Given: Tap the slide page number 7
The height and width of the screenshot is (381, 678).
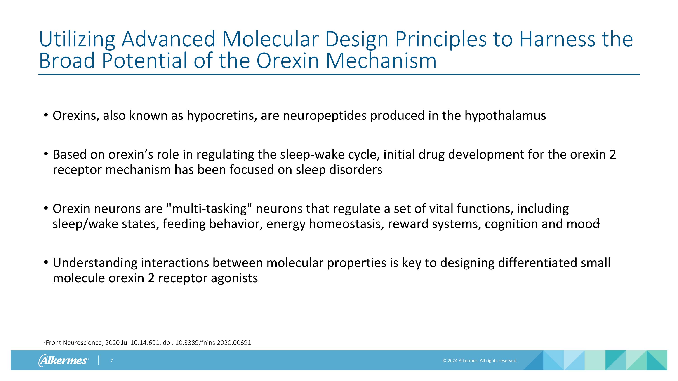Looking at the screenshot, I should pyautogui.click(x=112, y=360).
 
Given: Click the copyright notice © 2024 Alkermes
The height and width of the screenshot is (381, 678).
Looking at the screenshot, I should pyautogui.click(x=480, y=360).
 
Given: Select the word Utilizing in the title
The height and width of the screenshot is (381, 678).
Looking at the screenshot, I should pyautogui.click(x=77, y=39).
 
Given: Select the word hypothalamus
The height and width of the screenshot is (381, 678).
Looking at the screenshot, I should pyautogui.click(x=505, y=115).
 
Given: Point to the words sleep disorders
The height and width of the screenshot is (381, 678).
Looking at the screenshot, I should pyautogui.click(x=339, y=170).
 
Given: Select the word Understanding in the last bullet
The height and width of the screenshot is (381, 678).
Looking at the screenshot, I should pyautogui.click(x=95, y=263).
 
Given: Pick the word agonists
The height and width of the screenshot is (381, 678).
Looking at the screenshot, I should pyautogui.click(x=234, y=278).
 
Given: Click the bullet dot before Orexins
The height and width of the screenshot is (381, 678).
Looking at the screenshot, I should pyautogui.click(x=46, y=115).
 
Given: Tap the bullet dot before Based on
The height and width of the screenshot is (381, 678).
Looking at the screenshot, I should pyautogui.click(x=46, y=154).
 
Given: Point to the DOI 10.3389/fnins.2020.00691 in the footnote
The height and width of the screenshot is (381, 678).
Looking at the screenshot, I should pyautogui.click(x=213, y=343).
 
